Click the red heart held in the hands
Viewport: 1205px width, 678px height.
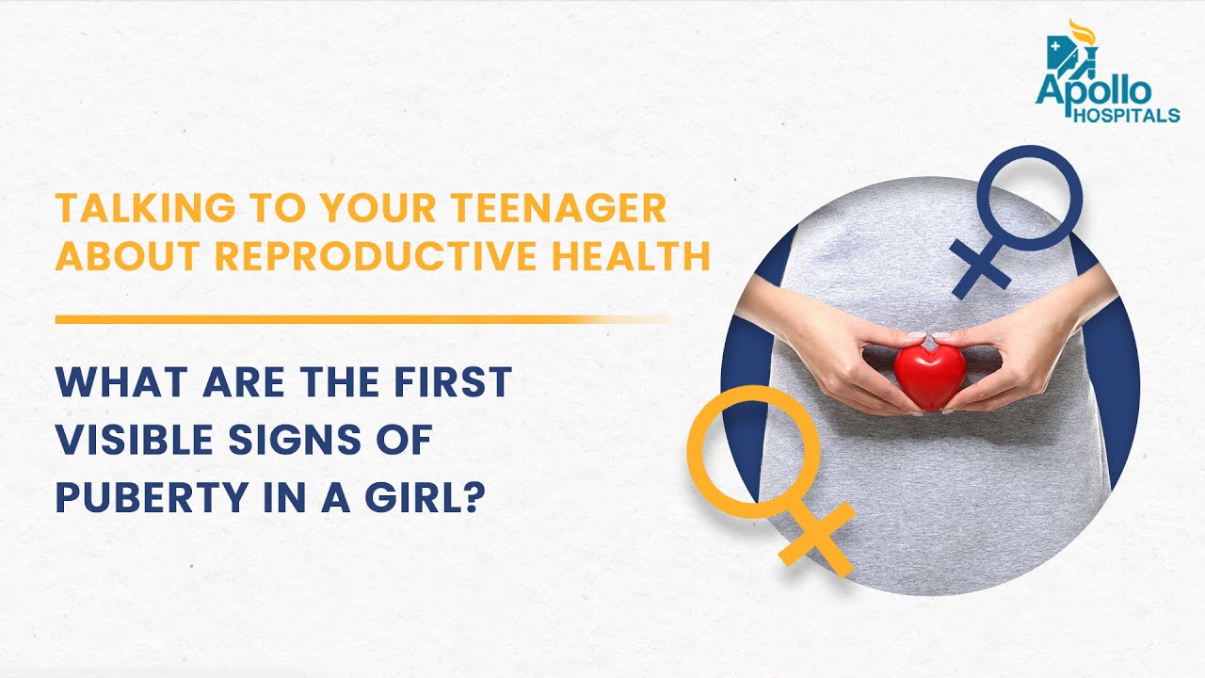click(x=929, y=376)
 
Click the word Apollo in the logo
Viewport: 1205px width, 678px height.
click(x=1093, y=92)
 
